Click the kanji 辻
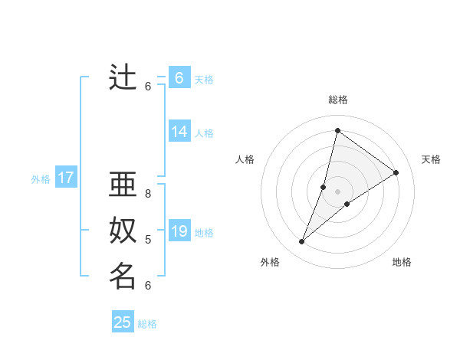123,78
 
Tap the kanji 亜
123,185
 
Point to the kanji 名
123,275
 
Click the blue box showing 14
179,132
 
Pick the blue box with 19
179,231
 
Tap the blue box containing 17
66,178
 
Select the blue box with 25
123,322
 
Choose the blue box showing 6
179,78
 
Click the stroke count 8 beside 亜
148,194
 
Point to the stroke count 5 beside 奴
148,240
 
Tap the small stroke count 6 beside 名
148,285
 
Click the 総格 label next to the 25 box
148,324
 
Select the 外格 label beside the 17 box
41,179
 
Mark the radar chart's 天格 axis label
431,159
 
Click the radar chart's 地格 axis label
402,262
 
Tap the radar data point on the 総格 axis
337,130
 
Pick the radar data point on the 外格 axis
301,242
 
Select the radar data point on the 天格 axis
396,172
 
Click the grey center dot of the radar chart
337,191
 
